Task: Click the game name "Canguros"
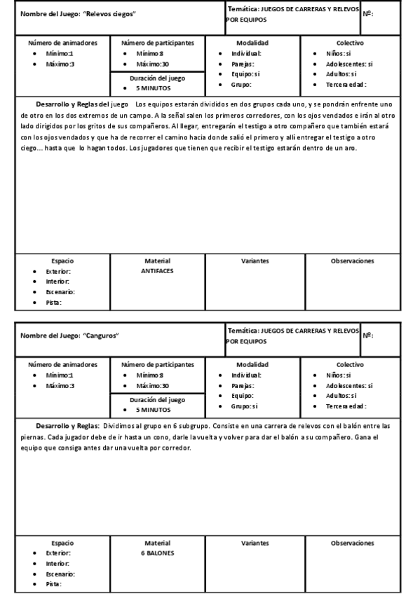coord(100,336)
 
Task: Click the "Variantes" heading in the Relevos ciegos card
coord(255,261)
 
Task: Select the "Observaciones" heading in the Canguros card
coord(352,543)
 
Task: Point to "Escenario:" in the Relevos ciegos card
coord(60,291)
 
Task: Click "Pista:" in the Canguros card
coord(53,583)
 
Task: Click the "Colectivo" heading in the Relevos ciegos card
coord(350,43)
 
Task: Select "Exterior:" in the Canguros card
coord(58,553)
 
